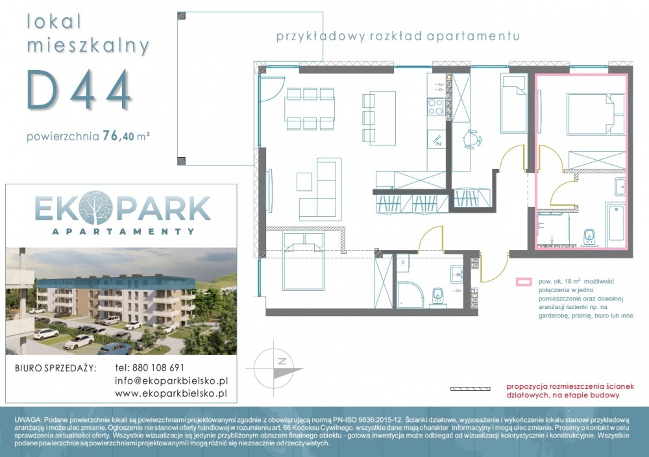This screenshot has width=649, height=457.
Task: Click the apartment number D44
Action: (79, 90)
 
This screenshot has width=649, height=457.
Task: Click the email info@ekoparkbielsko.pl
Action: (171, 380)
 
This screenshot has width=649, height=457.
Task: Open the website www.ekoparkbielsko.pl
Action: (171, 393)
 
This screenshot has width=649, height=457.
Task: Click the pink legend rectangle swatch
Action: (523, 282)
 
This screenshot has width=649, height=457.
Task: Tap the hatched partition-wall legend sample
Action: (470, 389)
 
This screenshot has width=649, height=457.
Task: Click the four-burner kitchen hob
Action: (435, 106)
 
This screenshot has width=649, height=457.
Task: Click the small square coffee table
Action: (304, 182)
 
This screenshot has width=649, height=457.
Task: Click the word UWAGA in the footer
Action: (28, 419)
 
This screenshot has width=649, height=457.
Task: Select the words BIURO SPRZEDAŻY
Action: (55, 368)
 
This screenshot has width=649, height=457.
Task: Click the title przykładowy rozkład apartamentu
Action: (398, 36)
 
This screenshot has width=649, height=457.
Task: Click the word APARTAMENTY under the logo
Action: (123, 231)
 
